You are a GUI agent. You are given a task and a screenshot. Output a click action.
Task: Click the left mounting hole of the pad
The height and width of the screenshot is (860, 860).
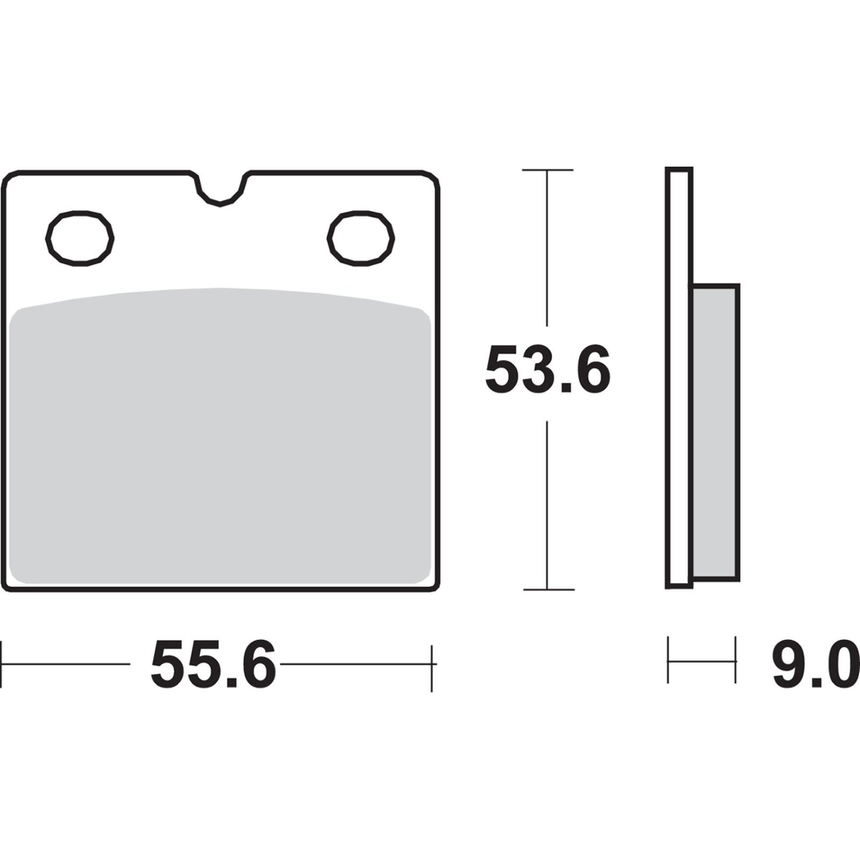click(80, 238)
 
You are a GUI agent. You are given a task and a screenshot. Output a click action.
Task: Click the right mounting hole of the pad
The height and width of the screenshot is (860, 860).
click(361, 238)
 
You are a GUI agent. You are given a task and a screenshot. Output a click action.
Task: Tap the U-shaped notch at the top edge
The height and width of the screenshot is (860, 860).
click(220, 190)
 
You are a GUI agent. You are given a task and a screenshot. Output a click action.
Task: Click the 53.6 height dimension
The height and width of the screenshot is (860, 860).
click(548, 369)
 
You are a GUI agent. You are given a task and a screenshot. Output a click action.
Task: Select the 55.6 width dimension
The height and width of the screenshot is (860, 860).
click(213, 664)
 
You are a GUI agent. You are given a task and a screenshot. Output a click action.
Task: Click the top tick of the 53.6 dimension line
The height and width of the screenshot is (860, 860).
click(548, 170)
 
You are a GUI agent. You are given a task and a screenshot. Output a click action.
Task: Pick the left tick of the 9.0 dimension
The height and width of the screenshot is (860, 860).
click(668, 659)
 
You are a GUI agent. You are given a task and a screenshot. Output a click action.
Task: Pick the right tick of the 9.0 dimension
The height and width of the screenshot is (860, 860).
click(736, 659)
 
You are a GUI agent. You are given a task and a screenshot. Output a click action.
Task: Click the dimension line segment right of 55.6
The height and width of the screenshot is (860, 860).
click(355, 663)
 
